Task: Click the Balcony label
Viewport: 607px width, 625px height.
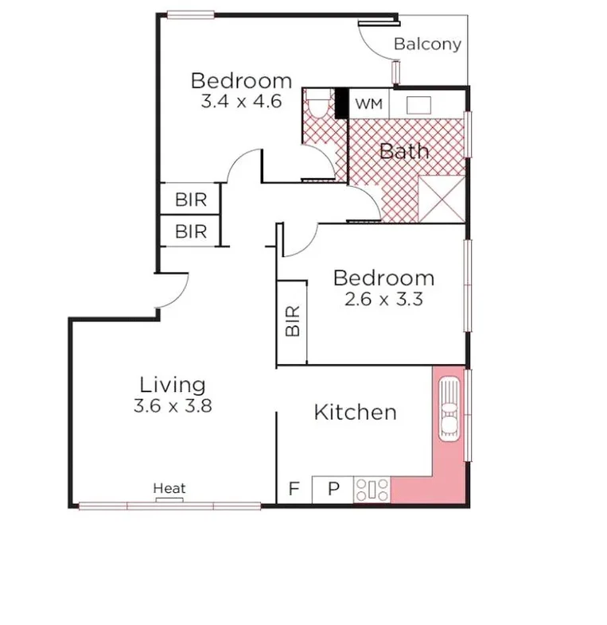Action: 427,44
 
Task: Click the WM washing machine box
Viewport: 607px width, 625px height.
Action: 368,104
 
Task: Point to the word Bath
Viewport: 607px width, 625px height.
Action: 404,151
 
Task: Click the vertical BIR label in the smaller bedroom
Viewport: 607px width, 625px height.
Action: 292,321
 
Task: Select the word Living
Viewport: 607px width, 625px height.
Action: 173,385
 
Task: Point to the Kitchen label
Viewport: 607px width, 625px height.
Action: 355,412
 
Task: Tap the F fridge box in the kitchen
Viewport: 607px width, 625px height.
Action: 294,489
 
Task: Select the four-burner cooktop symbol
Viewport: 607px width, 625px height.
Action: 372,489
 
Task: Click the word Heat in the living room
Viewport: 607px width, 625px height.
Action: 169,488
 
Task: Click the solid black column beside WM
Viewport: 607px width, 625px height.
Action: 341,103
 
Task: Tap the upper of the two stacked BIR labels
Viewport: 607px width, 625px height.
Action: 190,200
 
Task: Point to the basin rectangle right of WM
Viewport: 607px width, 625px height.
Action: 419,104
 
